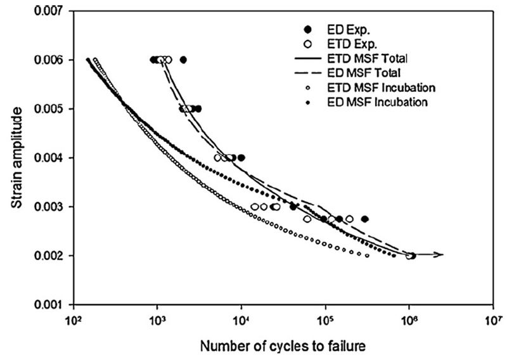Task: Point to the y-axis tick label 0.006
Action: (52, 60)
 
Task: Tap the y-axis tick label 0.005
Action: (52, 109)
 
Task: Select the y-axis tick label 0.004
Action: (52, 158)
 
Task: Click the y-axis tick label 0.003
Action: (52, 207)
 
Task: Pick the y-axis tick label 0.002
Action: (52, 256)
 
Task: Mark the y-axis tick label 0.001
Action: (52, 305)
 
